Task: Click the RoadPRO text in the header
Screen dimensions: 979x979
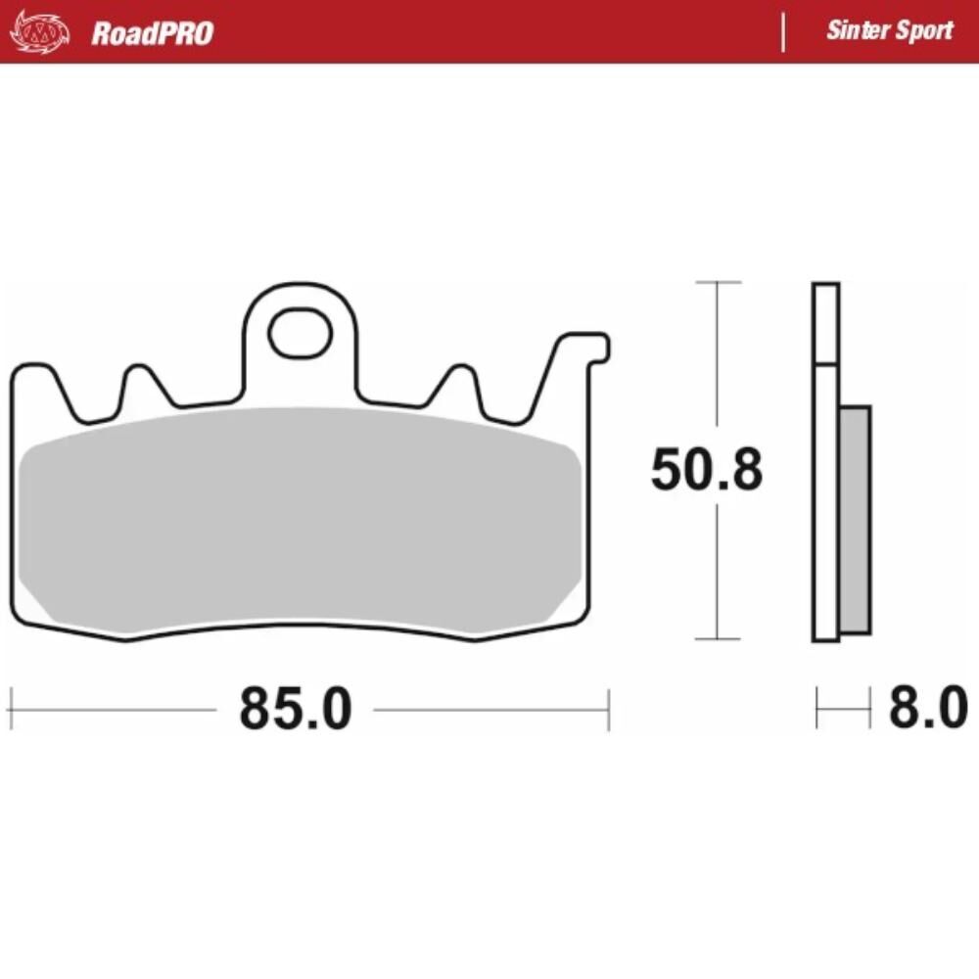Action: (152, 33)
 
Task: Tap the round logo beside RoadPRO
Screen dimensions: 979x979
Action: (40, 33)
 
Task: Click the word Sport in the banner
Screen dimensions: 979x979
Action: (922, 30)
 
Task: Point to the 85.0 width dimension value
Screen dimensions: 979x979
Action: (295, 708)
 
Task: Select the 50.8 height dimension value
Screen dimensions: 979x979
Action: (707, 472)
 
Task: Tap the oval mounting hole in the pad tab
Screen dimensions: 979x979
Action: (300, 333)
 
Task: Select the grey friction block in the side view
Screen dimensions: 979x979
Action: (855, 519)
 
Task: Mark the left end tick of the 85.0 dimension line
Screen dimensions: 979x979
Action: (10, 708)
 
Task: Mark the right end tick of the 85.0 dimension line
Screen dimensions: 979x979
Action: (609, 708)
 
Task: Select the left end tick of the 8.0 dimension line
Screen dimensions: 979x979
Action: (816, 708)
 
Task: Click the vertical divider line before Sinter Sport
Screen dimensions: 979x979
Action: (783, 32)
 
